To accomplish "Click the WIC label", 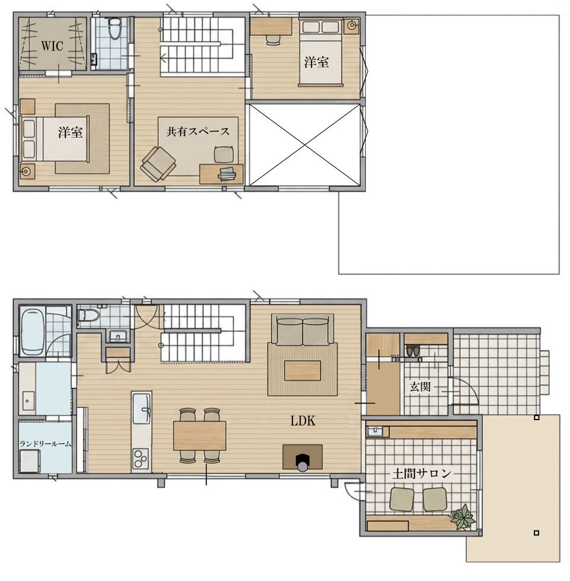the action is tap(52, 46).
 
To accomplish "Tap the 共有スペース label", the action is tap(198, 132).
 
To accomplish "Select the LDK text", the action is tap(302, 421).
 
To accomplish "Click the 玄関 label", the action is tap(421, 387).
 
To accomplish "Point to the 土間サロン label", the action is tap(422, 474).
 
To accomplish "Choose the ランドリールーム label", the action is tap(45, 443).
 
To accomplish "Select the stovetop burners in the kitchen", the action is tap(141, 458).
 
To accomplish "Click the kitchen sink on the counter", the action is tap(142, 408).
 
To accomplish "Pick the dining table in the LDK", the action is tap(200, 436).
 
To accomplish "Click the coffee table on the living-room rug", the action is tap(302, 370).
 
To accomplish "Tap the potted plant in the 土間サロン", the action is tap(462, 516).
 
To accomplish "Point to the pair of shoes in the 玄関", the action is tap(413, 350).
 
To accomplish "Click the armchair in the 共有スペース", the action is tap(158, 163).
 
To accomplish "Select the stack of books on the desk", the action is tap(227, 174).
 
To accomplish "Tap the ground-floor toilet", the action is tap(89, 316).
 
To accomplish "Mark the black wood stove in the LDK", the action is tap(302, 462).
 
